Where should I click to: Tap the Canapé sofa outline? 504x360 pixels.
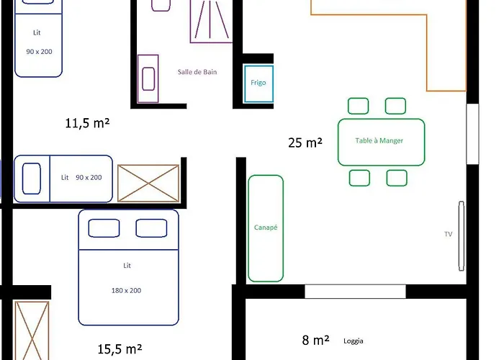248,228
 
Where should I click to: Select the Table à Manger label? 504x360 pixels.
379,140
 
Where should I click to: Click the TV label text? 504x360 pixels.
449,234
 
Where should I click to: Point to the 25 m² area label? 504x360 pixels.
305,143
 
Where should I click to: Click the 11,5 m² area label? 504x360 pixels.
87,123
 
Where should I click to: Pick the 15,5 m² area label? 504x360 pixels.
120,348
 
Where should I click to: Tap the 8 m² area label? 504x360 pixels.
315,340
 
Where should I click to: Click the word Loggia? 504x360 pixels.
354,341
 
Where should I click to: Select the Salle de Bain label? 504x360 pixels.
197,72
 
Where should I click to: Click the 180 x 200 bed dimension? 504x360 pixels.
126,291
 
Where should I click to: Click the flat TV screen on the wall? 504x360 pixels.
462,236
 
